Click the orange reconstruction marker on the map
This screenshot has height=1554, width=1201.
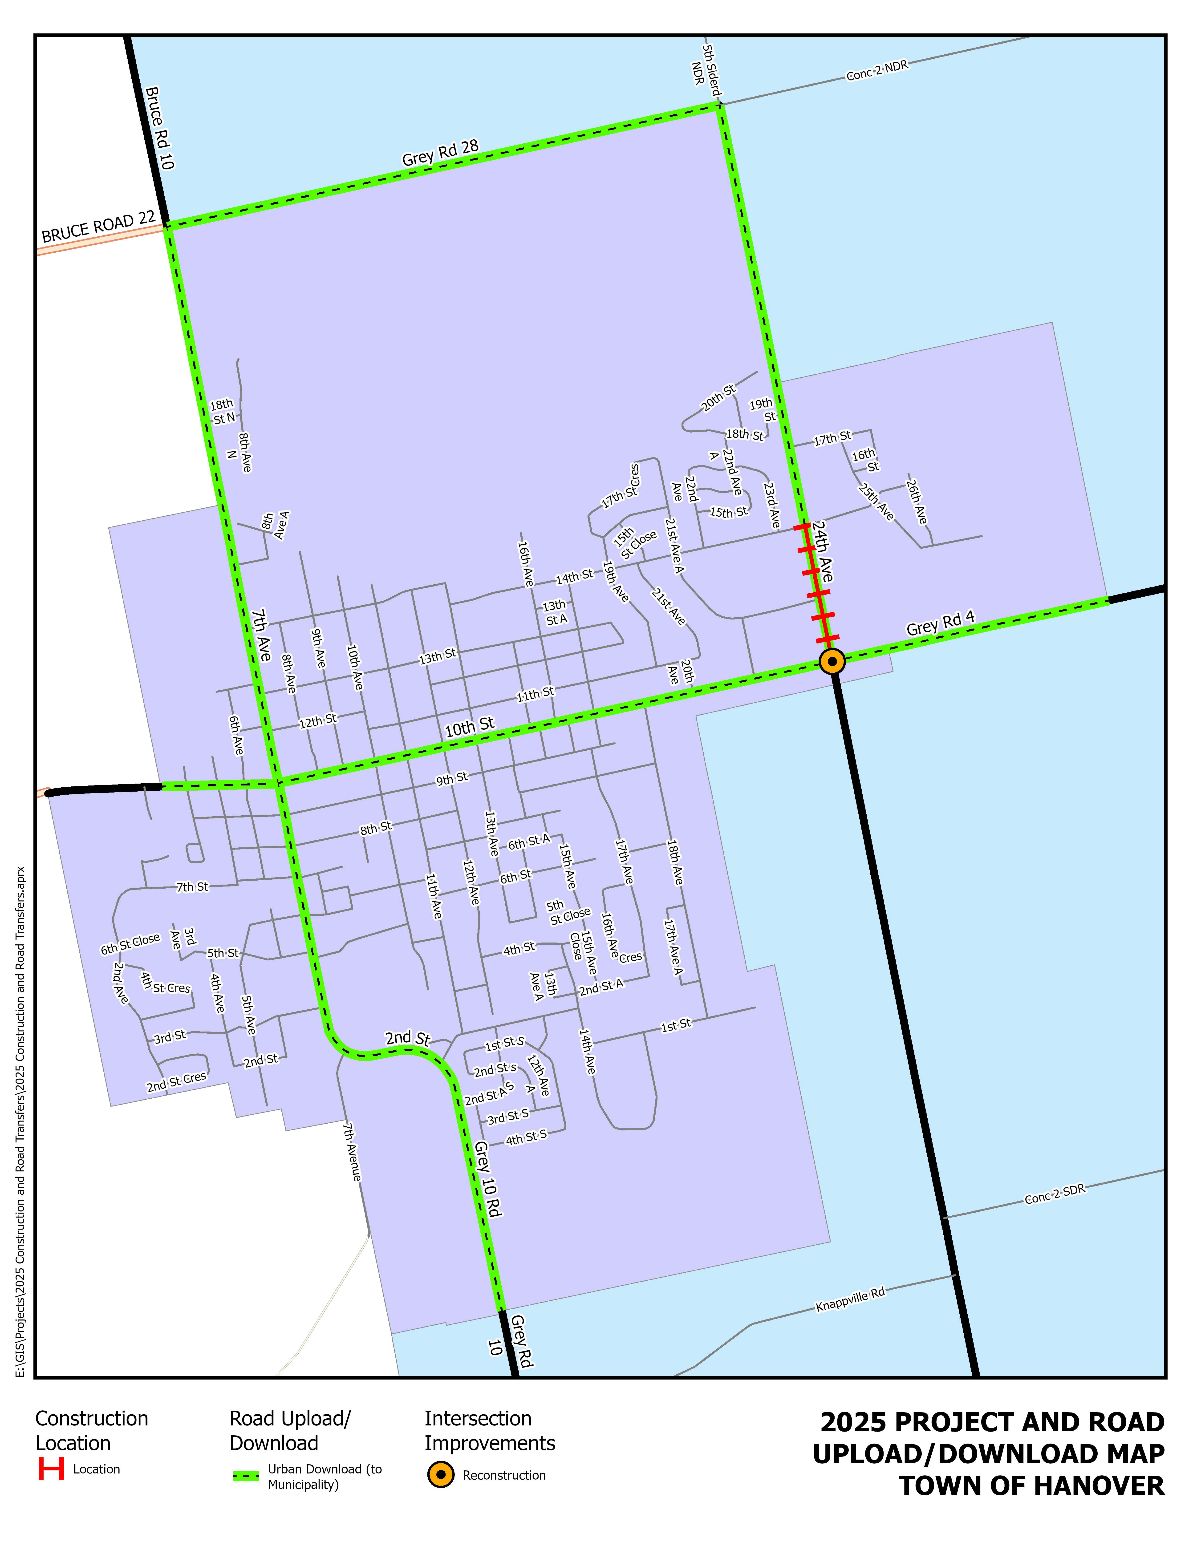click(x=832, y=661)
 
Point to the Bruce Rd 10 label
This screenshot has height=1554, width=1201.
click(x=159, y=128)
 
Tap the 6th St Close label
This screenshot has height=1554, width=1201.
click(x=130, y=944)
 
